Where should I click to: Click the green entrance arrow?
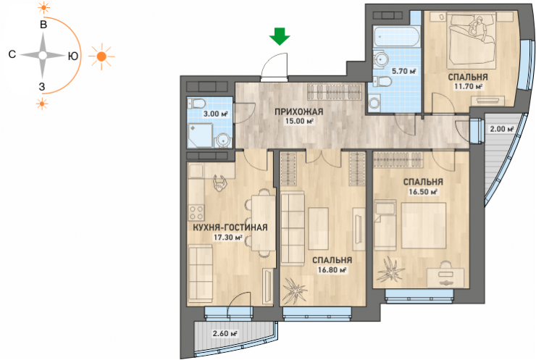point(280,37)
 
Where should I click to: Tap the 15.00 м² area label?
point(299,121)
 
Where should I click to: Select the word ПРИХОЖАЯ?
point(299,112)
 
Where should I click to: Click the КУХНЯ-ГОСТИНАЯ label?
point(230,227)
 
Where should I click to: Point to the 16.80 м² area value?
point(332,269)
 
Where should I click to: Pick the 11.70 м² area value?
point(468,86)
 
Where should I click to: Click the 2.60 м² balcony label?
point(225,333)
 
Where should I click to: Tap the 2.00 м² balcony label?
point(502,129)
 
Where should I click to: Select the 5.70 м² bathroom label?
point(403,71)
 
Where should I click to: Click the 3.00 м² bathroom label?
point(215,114)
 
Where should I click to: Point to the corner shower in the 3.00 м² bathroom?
point(201,135)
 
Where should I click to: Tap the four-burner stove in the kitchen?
point(196,212)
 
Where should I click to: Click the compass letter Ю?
point(73,56)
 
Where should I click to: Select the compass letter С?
point(12,54)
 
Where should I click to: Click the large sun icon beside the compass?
point(101,56)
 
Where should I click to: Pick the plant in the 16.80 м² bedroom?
point(293,290)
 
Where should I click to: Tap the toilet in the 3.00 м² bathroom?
point(197,104)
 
